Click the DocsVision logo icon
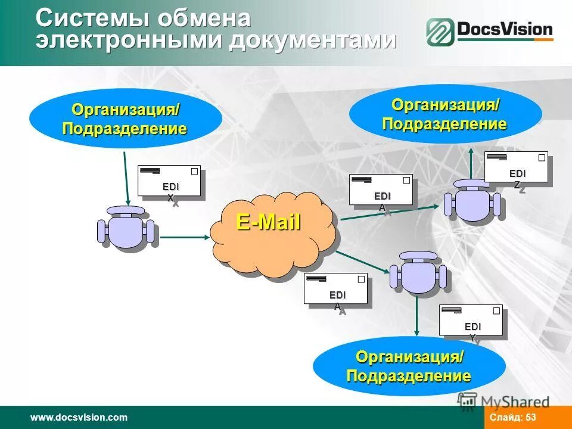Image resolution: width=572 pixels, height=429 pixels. (439, 32)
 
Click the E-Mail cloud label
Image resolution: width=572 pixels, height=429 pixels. (268, 222)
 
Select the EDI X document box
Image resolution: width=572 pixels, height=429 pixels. (169, 181)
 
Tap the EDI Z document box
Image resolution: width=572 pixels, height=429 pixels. (516, 167)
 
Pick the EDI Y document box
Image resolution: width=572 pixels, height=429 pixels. (471, 321)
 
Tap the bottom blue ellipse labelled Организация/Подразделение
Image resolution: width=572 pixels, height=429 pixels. (409, 366)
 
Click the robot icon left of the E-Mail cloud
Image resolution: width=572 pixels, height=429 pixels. (126, 228)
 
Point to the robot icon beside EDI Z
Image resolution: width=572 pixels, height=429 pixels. (472, 201)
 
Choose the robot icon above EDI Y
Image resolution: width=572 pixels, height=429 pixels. (417, 274)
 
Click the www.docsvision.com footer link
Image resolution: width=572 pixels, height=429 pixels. (79, 418)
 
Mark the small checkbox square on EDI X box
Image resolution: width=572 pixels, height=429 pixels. (194, 171)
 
